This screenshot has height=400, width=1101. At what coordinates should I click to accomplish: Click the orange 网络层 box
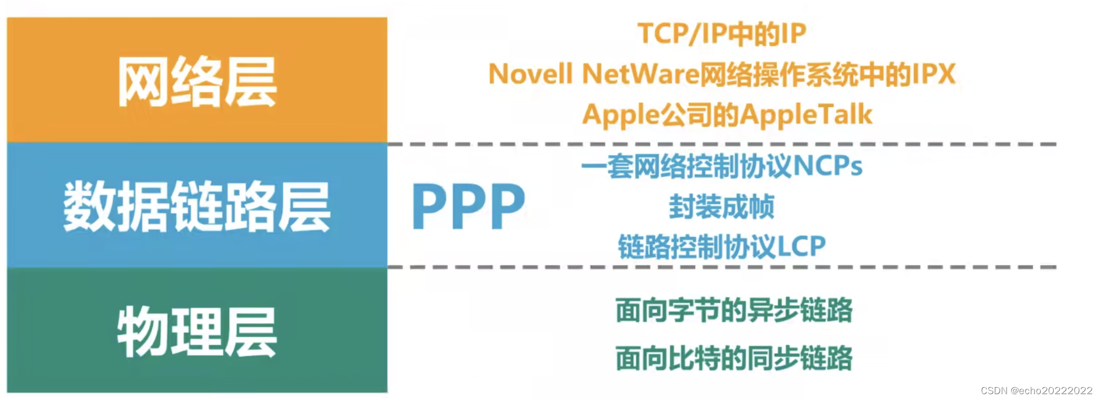pos(197,80)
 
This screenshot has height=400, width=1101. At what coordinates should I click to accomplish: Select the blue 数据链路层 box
pos(197,206)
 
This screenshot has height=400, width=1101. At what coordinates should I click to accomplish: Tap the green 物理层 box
pos(197,331)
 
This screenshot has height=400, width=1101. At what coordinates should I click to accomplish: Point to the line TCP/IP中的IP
pos(721,34)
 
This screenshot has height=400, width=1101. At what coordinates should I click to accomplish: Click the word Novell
pos(531,75)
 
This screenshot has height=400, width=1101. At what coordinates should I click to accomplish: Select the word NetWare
pos(640,75)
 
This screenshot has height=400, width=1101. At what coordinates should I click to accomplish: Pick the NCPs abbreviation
pos(827,166)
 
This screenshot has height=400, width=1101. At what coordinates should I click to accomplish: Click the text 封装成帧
pos(721,207)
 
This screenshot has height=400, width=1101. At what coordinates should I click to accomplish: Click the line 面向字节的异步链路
pos(734,310)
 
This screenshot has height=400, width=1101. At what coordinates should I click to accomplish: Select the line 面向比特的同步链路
pos(734,358)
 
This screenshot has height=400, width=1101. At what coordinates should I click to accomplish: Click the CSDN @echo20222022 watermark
pos(1036,391)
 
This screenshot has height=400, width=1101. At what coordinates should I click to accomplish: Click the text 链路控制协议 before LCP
pos(697,247)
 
